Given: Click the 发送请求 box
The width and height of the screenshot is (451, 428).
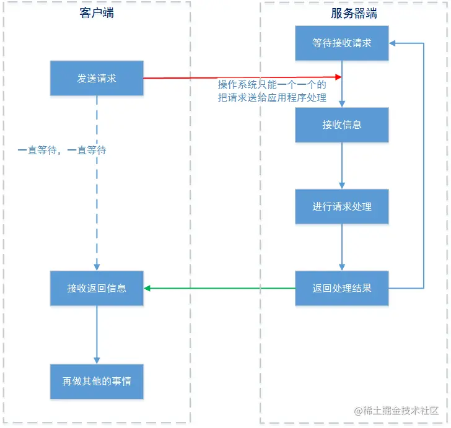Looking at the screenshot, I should click(x=97, y=78).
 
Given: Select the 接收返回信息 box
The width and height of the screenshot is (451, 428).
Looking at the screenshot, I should click(x=97, y=288).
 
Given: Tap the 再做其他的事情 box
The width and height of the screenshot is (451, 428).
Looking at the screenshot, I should click(x=97, y=382).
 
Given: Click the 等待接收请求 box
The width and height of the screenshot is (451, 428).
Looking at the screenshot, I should click(x=341, y=43).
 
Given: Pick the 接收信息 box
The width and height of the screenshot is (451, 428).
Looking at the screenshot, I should click(x=341, y=124).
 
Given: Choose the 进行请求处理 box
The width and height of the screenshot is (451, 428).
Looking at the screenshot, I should click(x=341, y=206).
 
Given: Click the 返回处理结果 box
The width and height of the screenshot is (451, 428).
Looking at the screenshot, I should click(x=341, y=288).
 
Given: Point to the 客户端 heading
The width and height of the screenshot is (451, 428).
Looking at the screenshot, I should click(x=97, y=14).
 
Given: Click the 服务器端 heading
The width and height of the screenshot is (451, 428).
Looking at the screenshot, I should click(x=354, y=14).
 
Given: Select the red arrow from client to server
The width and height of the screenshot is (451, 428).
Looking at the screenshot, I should click(x=242, y=77).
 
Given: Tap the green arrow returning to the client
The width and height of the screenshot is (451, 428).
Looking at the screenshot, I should click(x=220, y=288).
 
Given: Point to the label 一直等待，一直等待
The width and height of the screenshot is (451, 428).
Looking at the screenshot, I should click(x=62, y=150).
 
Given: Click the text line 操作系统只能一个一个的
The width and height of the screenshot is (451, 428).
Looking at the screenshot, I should click(x=272, y=85).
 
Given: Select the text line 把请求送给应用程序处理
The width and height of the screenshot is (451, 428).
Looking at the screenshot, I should click(x=272, y=97).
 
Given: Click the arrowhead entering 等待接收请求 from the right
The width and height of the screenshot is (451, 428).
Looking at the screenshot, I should click(x=393, y=43).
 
